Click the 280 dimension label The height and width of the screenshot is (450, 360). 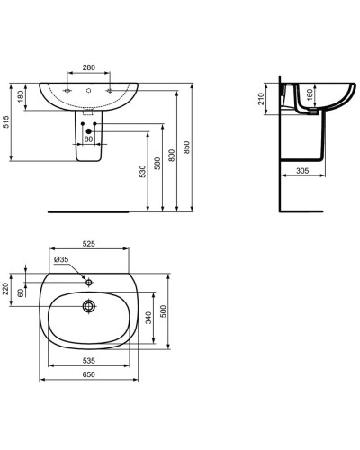pos(88,67)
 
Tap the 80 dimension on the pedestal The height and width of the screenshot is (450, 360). pos(88,139)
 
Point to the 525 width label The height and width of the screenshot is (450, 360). pos(88,242)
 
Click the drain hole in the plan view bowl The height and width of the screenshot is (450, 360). pos(88,307)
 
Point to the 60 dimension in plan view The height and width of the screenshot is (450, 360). pos(21,293)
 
